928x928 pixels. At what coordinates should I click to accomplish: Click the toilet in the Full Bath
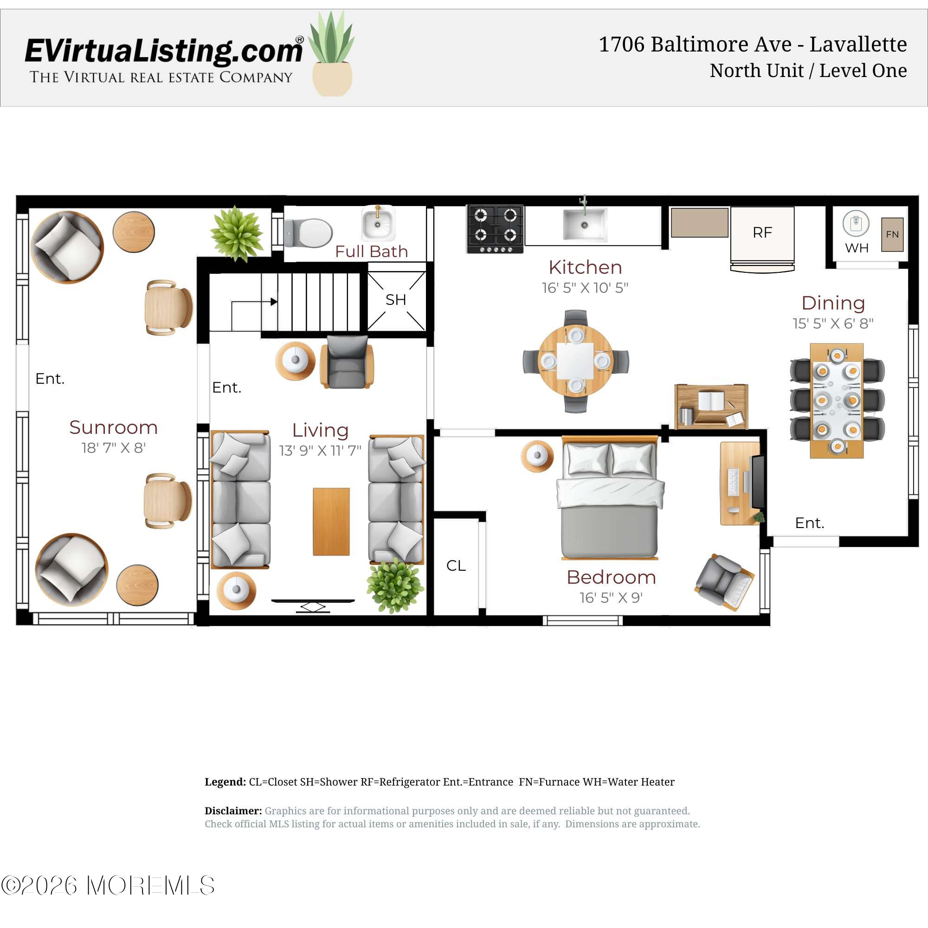pyautogui.click(x=309, y=232)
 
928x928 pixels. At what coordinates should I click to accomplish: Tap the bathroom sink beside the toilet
pyautogui.click(x=378, y=223)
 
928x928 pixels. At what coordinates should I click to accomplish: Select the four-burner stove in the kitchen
pyautogui.click(x=495, y=229)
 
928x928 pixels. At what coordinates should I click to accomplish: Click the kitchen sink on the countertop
pyautogui.click(x=585, y=224)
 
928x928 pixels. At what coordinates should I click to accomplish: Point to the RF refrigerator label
pyautogui.click(x=762, y=233)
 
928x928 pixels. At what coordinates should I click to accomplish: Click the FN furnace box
pyautogui.click(x=892, y=234)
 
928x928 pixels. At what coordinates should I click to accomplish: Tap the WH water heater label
pyautogui.click(x=857, y=248)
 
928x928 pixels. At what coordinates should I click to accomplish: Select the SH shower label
pyautogui.click(x=396, y=300)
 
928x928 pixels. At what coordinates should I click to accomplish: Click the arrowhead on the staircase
pyautogui.click(x=274, y=302)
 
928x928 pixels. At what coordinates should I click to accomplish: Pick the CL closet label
pyautogui.click(x=456, y=565)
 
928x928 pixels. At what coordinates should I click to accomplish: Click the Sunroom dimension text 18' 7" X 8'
pyautogui.click(x=113, y=448)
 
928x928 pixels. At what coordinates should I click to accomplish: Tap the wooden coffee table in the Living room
pyautogui.click(x=331, y=522)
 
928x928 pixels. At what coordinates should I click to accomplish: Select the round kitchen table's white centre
pyautogui.click(x=575, y=362)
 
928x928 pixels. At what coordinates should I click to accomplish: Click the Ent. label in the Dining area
pyautogui.click(x=809, y=522)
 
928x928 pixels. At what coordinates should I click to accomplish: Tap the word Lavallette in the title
pyautogui.click(x=858, y=44)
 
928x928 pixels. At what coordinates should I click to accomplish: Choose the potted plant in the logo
pyautogui.click(x=332, y=53)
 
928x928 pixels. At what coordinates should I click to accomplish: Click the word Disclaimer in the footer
pyautogui.click(x=233, y=811)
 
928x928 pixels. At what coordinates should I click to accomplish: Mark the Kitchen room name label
pyautogui.click(x=585, y=267)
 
